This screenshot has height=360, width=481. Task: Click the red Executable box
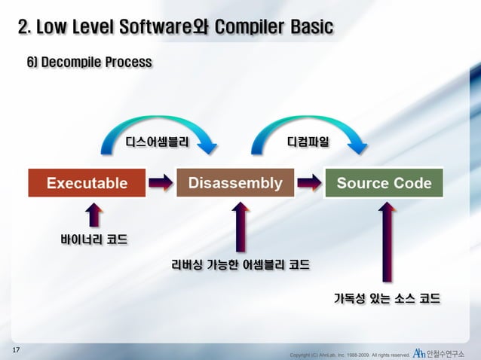87,183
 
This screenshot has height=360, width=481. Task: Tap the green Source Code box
384,183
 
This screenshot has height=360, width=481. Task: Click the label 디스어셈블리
156,141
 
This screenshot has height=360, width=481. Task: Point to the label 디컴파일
308,141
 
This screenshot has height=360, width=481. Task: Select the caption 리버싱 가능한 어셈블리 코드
240,265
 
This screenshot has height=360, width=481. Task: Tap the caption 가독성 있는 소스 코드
387,298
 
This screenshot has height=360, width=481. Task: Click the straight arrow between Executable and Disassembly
161,182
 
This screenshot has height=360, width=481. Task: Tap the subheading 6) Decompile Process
89,61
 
